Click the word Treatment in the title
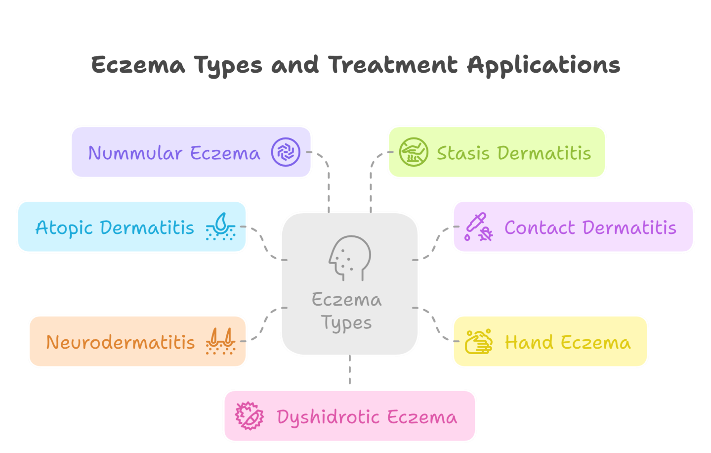(x=393, y=65)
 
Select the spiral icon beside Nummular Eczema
(x=286, y=152)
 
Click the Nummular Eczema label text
(x=174, y=153)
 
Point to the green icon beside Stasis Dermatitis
(x=413, y=152)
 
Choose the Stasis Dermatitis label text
(x=513, y=153)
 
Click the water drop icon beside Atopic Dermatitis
(x=220, y=227)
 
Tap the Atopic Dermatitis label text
(x=115, y=227)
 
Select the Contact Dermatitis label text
(x=590, y=227)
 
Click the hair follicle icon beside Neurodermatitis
(x=220, y=341)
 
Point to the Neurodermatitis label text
(x=121, y=342)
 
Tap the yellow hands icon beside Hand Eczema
(x=478, y=341)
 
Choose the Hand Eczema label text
(x=567, y=342)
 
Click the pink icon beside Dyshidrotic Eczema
(x=249, y=416)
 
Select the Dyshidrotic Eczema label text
(x=367, y=417)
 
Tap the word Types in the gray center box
(x=346, y=323)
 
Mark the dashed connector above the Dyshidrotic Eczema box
(x=349, y=371)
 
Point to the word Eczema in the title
(x=138, y=65)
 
